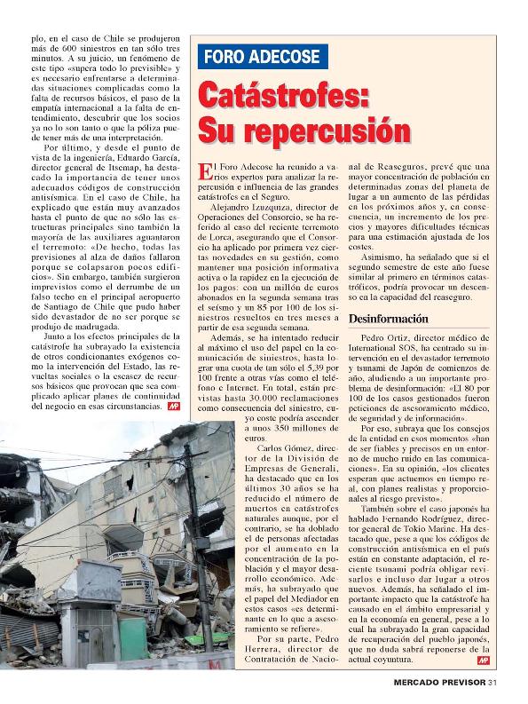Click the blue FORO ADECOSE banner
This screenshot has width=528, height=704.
[x=263, y=56]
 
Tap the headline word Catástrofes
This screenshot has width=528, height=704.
[x=283, y=94]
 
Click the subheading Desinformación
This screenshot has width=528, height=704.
[x=388, y=318]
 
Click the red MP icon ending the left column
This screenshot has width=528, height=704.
[x=173, y=406]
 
